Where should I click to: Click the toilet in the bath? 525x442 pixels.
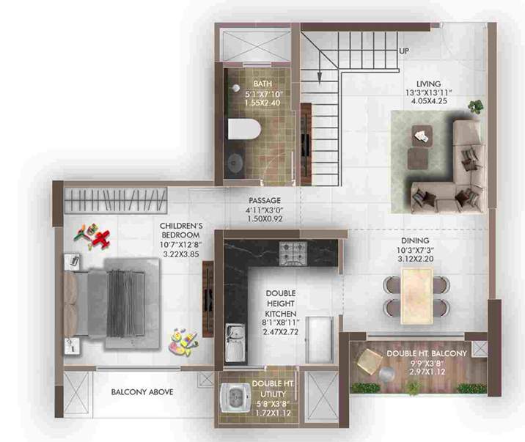[244, 130]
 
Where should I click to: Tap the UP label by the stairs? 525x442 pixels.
[403, 51]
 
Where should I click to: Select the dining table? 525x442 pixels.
[419, 295]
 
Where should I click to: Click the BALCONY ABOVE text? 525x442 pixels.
[142, 392]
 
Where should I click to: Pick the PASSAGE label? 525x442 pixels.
[263, 200]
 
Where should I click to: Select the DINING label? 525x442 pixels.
[415, 240]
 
